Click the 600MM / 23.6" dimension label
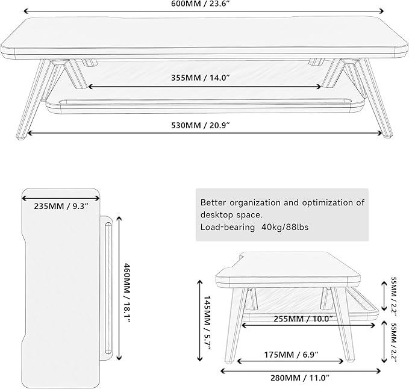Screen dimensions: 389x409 pyautogui.click(x=205, y=3)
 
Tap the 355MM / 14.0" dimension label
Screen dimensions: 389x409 pyautogui.click(x=205, y=77)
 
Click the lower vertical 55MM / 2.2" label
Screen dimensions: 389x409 pyautogui.click(x=394, y=341)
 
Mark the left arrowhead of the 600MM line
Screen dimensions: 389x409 pyautogui.click(x=27, y=10)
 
